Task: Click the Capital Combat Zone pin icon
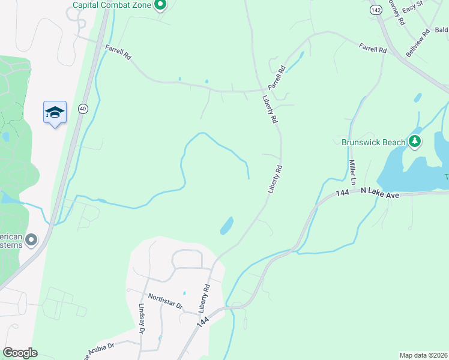tap(160, 5)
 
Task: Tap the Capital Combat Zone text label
tap(112, 5)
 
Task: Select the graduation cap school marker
tap(55, 112)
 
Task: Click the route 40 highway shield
tap(82, 109)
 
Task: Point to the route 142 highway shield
tap(376, 10)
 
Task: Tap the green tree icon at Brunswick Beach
tap(415, 142)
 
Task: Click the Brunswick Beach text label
tap(373, 142)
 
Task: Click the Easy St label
tap(413, 8)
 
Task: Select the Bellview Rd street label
tap(418, 42)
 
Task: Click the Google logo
tap(20, 353)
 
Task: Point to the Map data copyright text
tap(423, 355)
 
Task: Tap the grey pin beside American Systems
tap(32, 240)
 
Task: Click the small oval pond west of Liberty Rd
tap(227, 226)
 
